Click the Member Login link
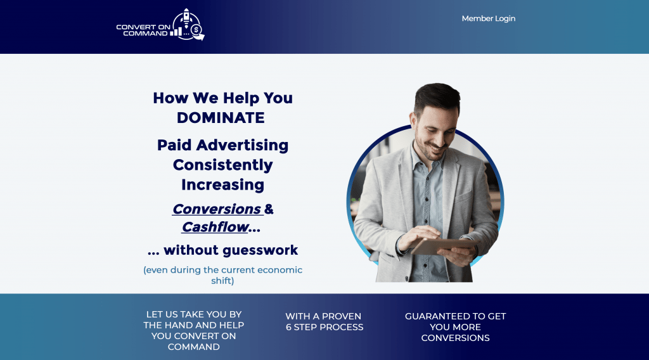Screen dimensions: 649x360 [x=489, y=18]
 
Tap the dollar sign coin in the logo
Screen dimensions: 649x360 [x=196, y=30]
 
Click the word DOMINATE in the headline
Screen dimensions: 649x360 [x=221, y=118]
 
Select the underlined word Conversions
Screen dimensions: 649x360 [x=217, y=209]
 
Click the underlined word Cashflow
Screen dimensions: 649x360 [x=215, y=227]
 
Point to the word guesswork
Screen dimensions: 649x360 [x=260, y=250]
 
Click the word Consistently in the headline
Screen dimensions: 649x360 [x=222, y=165]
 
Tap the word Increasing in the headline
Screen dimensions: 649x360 [x=222, y=185]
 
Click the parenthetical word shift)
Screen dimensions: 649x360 [x=222, y=281]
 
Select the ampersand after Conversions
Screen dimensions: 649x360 [x=269, y=209]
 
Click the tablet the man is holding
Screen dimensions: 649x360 [x=444, y=246]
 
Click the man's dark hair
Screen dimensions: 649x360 [x=437, y=96]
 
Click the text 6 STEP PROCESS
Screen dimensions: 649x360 [x=324, y=327]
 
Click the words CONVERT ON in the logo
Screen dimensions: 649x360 [x=143, y=27]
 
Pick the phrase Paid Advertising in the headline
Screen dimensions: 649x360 [x=222, y=145]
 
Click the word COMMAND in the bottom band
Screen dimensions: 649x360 [x=194, y=347]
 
